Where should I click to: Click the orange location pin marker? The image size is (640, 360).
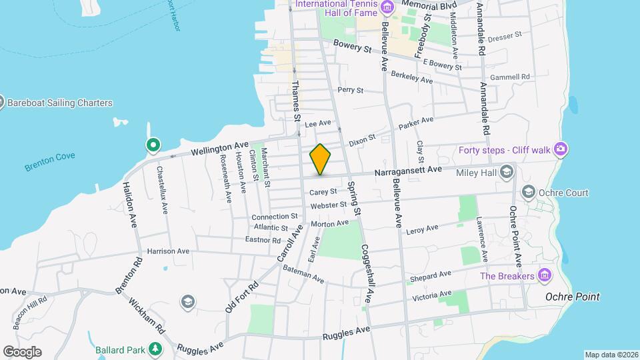coord(320,159)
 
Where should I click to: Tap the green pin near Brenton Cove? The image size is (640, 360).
coord(153,145)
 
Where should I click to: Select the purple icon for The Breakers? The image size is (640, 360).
coord(545,275)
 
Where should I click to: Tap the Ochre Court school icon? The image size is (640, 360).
coord(529,193)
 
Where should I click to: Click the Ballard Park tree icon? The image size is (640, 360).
coord(155,348)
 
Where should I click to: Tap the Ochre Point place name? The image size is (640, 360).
coord(572,297)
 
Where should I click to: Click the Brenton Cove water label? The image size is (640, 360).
coord(50,163)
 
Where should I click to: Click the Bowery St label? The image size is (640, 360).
coord(352,47)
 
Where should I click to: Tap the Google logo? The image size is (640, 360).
coord(22,351)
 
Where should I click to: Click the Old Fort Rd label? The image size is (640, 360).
coord(241,297)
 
